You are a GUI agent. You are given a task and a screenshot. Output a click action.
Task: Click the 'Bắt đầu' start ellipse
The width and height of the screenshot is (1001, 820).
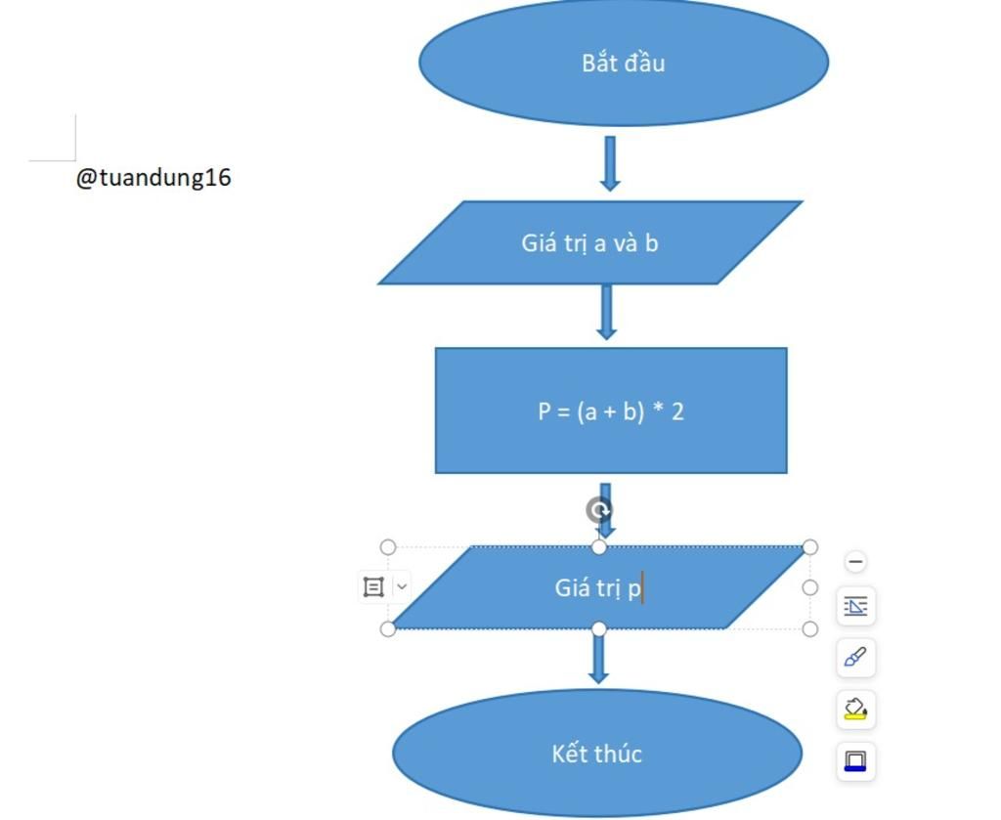click(x=624, y=62)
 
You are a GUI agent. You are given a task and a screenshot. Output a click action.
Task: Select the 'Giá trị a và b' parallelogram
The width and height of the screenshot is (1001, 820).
click(x=590, y=242)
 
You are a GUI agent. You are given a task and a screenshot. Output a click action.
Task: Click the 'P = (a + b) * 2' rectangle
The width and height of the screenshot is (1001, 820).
click(x=611, y=410)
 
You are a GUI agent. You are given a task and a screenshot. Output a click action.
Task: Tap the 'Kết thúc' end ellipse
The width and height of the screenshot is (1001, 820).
click(x=597, y=753)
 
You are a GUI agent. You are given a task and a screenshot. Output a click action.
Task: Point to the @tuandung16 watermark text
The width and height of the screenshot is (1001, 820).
click(x=153, y=177)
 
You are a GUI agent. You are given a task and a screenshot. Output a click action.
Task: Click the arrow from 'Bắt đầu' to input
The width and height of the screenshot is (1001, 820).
click(x=610, y=163)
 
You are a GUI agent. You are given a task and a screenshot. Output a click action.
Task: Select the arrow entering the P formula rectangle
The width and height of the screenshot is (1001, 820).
click(x=606, y=313)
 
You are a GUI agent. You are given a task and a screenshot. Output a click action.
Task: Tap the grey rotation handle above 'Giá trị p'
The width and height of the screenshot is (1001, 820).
click(x=599, y=510)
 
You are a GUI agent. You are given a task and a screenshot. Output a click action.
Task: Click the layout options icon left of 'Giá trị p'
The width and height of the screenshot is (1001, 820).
click(x=373, y=586)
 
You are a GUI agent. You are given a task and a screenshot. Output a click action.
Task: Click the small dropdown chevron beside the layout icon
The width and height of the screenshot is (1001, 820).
click(x=402, y=586)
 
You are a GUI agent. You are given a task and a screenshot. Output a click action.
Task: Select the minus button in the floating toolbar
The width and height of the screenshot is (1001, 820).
click(x=855, y=562)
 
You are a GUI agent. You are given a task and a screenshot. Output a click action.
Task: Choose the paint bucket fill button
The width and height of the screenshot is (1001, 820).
click(x=855, y=709)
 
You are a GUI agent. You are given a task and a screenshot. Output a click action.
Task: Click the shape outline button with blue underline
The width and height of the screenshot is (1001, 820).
click(x=855, y=760)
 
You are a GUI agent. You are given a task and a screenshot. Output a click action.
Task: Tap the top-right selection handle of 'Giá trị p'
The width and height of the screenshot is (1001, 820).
click(x=809, y=547)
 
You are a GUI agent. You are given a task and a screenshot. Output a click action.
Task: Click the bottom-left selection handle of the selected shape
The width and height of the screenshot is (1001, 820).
click(x=388, y=628)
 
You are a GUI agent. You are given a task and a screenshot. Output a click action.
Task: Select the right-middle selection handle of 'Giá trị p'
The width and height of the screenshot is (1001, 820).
click(x=809, y=587)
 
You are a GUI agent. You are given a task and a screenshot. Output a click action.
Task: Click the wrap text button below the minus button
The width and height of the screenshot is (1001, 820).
click(x=855, y=607)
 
